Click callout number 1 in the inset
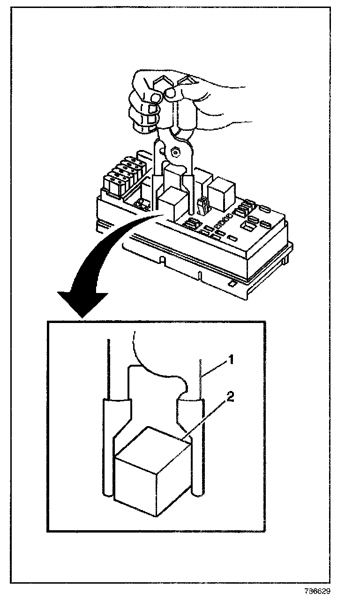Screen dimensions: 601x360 click(x=230, y=360)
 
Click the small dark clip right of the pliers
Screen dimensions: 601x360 click(x=203, y=206)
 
